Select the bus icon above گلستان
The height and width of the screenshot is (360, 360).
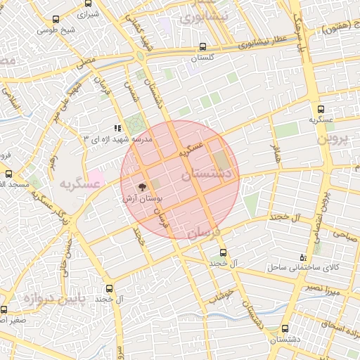[202, 48]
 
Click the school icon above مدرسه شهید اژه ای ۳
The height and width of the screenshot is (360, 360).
[117, 128]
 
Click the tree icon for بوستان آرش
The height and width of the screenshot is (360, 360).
[143, 188]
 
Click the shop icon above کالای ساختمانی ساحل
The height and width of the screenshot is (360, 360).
[303, 257]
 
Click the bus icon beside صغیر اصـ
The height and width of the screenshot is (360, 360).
[4, 309]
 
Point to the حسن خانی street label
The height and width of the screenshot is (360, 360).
[65, 258]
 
